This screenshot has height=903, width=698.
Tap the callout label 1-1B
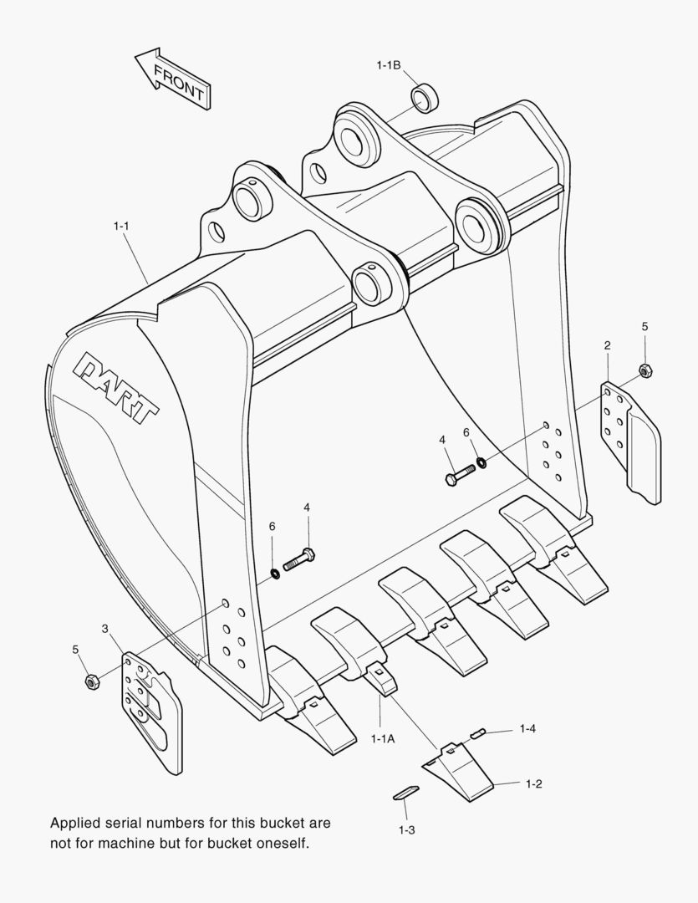point(389,64)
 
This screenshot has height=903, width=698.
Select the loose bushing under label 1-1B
point(425,98)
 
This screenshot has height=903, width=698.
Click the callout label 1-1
point(121,225)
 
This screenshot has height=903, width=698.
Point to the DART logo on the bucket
point(118,385)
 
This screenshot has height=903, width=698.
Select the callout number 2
point(607,344)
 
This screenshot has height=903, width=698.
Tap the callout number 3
point(104,628)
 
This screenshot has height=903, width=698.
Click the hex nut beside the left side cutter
point(92,681)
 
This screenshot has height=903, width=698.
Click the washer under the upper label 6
point(482,462)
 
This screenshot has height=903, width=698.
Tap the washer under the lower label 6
point(273,574)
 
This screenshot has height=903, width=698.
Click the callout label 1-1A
point(382,738)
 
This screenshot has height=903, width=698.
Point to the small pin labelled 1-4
point(478,733)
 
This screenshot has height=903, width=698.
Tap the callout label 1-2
point(534,783)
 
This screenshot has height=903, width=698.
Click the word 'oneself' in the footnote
point(284,844)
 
